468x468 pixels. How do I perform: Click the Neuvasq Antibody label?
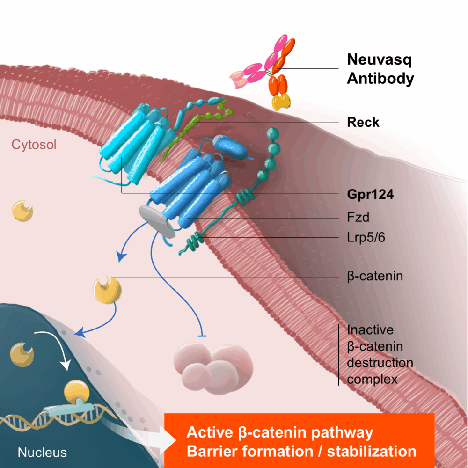[x=380, y=69]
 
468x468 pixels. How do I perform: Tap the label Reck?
[x=363, y=123]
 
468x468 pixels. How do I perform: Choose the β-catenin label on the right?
[x=374, y=276]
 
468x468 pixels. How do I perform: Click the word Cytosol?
[x=34, y=145]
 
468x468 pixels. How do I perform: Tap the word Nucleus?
[x=42, y=452]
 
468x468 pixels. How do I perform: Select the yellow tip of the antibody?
[x=280, y=102]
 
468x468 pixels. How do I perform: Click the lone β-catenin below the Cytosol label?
[x=22, y=211]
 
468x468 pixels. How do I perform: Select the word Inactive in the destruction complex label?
[x=370, y=329]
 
